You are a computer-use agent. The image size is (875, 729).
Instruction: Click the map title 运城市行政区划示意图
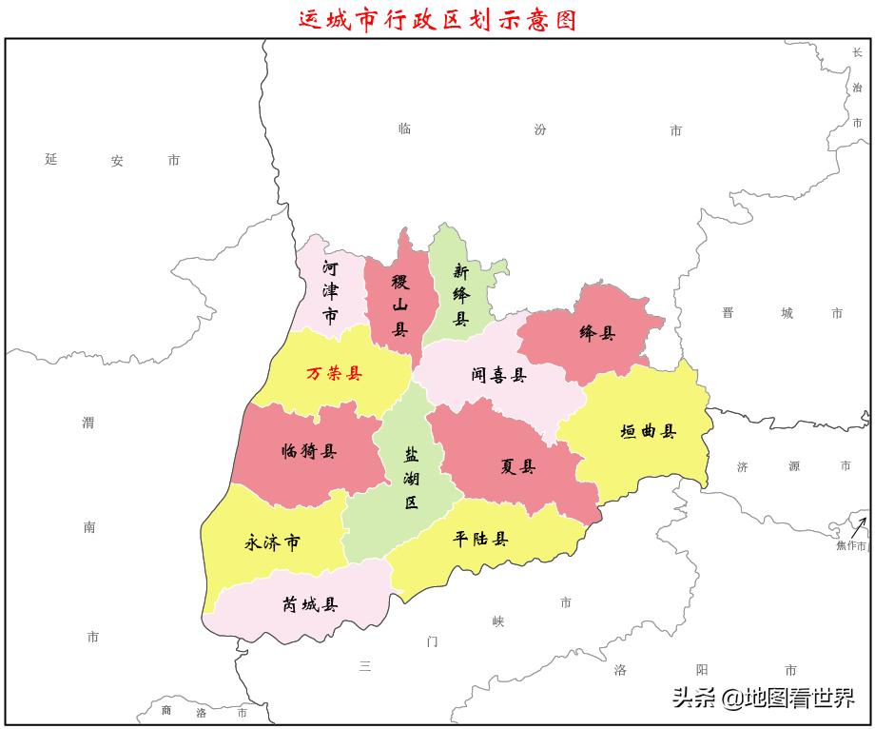pos(437,19)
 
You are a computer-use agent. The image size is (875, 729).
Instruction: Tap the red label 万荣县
pos(334,374)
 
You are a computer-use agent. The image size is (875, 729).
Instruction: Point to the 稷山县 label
pos(400,305)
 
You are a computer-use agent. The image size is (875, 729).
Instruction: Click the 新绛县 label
pos(460,294)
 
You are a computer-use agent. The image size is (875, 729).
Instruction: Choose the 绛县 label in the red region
pos(597,333)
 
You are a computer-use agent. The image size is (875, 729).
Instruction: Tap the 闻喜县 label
pos(498,375)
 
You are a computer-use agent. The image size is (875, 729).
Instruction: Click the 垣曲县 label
pos(648,431)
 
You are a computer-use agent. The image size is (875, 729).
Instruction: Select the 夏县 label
pos(517,466)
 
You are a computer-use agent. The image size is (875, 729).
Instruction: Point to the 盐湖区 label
pos(411,478)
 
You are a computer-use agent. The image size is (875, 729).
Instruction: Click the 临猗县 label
pos(309,451)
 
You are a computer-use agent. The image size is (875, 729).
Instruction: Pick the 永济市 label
pos(273,542)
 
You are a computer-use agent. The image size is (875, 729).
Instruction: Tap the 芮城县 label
pos(309,603)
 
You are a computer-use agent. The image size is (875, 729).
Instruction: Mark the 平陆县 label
pos(480,539)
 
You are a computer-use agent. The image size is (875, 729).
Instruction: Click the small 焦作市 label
pos(851,546)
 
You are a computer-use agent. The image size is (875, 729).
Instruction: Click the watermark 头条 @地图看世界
pos(764,699)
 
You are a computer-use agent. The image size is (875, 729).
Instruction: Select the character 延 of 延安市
pos(51,159)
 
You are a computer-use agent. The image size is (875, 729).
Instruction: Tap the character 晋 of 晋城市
pos(728,313)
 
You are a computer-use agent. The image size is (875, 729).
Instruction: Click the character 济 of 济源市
pos(743,466)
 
